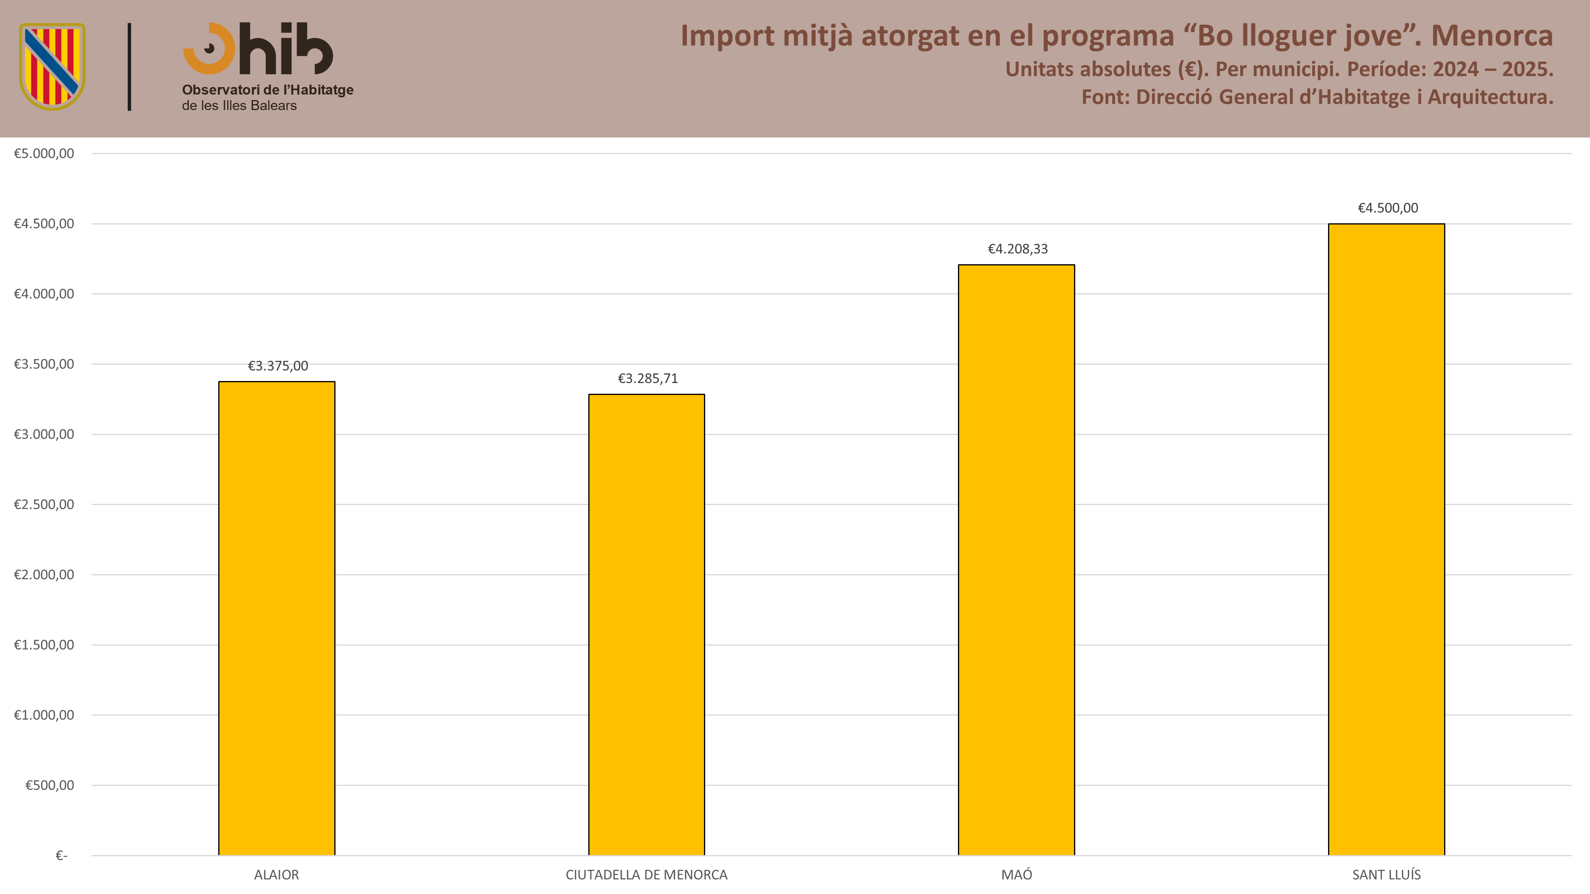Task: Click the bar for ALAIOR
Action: coord(277,618)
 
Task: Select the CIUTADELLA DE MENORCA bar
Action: coord(646,624)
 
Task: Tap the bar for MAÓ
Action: coord(1016,559)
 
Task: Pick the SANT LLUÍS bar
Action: coord(1386,539)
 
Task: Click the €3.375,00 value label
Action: coord(278,366)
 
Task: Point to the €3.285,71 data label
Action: coord(648,378)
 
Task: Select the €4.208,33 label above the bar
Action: coord(1018,249)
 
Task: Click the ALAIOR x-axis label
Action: coord(277,874)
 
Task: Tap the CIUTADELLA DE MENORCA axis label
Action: coord(646,874)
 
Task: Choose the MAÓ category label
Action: coord(1016,874)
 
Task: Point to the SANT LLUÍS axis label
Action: coord(1386,874)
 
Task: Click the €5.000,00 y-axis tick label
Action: coord(44,153)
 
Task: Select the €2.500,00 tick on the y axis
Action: coord(44,504)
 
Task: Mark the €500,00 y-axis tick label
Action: coord(49,785)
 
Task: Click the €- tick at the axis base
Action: coord(61,855)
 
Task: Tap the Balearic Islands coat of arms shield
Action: coord(52,67)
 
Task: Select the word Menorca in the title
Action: coord(1492,35)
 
